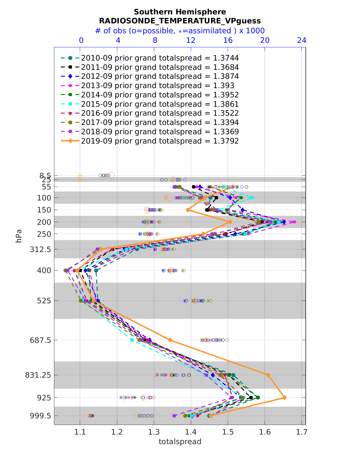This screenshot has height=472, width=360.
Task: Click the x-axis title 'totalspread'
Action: click(180, 441)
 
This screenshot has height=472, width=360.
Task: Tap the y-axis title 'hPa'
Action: click(19, 236)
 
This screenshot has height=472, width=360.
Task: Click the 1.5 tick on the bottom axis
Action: click(228, 432)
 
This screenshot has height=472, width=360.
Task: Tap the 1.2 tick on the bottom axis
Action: click(117, 432)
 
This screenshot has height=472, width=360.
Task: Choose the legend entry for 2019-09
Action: click(160, 141)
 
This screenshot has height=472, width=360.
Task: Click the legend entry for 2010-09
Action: click(160, 58)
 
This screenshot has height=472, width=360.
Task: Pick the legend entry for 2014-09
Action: click(160, 95)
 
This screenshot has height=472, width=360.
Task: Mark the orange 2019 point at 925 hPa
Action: click(285, 398)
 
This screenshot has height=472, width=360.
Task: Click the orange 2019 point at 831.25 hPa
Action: click(268, 375)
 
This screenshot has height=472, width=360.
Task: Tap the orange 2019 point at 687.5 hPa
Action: click(170, 340)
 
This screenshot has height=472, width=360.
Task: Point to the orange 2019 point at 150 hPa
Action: click(188, 210)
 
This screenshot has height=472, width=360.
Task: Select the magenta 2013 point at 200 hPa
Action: click(294, 222)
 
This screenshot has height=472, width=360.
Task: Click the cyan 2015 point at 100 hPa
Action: click(252, 198)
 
